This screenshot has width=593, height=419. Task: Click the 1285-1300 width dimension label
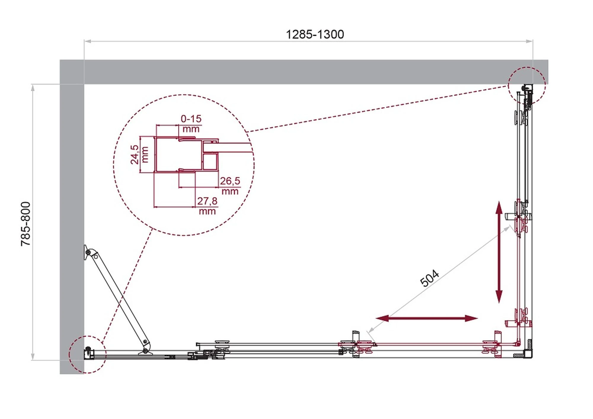coord(315,34)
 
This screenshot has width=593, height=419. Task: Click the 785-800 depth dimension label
coord(26,224)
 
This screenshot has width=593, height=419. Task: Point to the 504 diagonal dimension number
coord(429,278)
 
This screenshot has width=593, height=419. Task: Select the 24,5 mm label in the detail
coord(139,155)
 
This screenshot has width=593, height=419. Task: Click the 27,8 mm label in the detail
coord(207,206)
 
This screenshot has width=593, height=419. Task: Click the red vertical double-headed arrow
coord(499,252)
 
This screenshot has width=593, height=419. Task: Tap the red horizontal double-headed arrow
coord(427,318)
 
